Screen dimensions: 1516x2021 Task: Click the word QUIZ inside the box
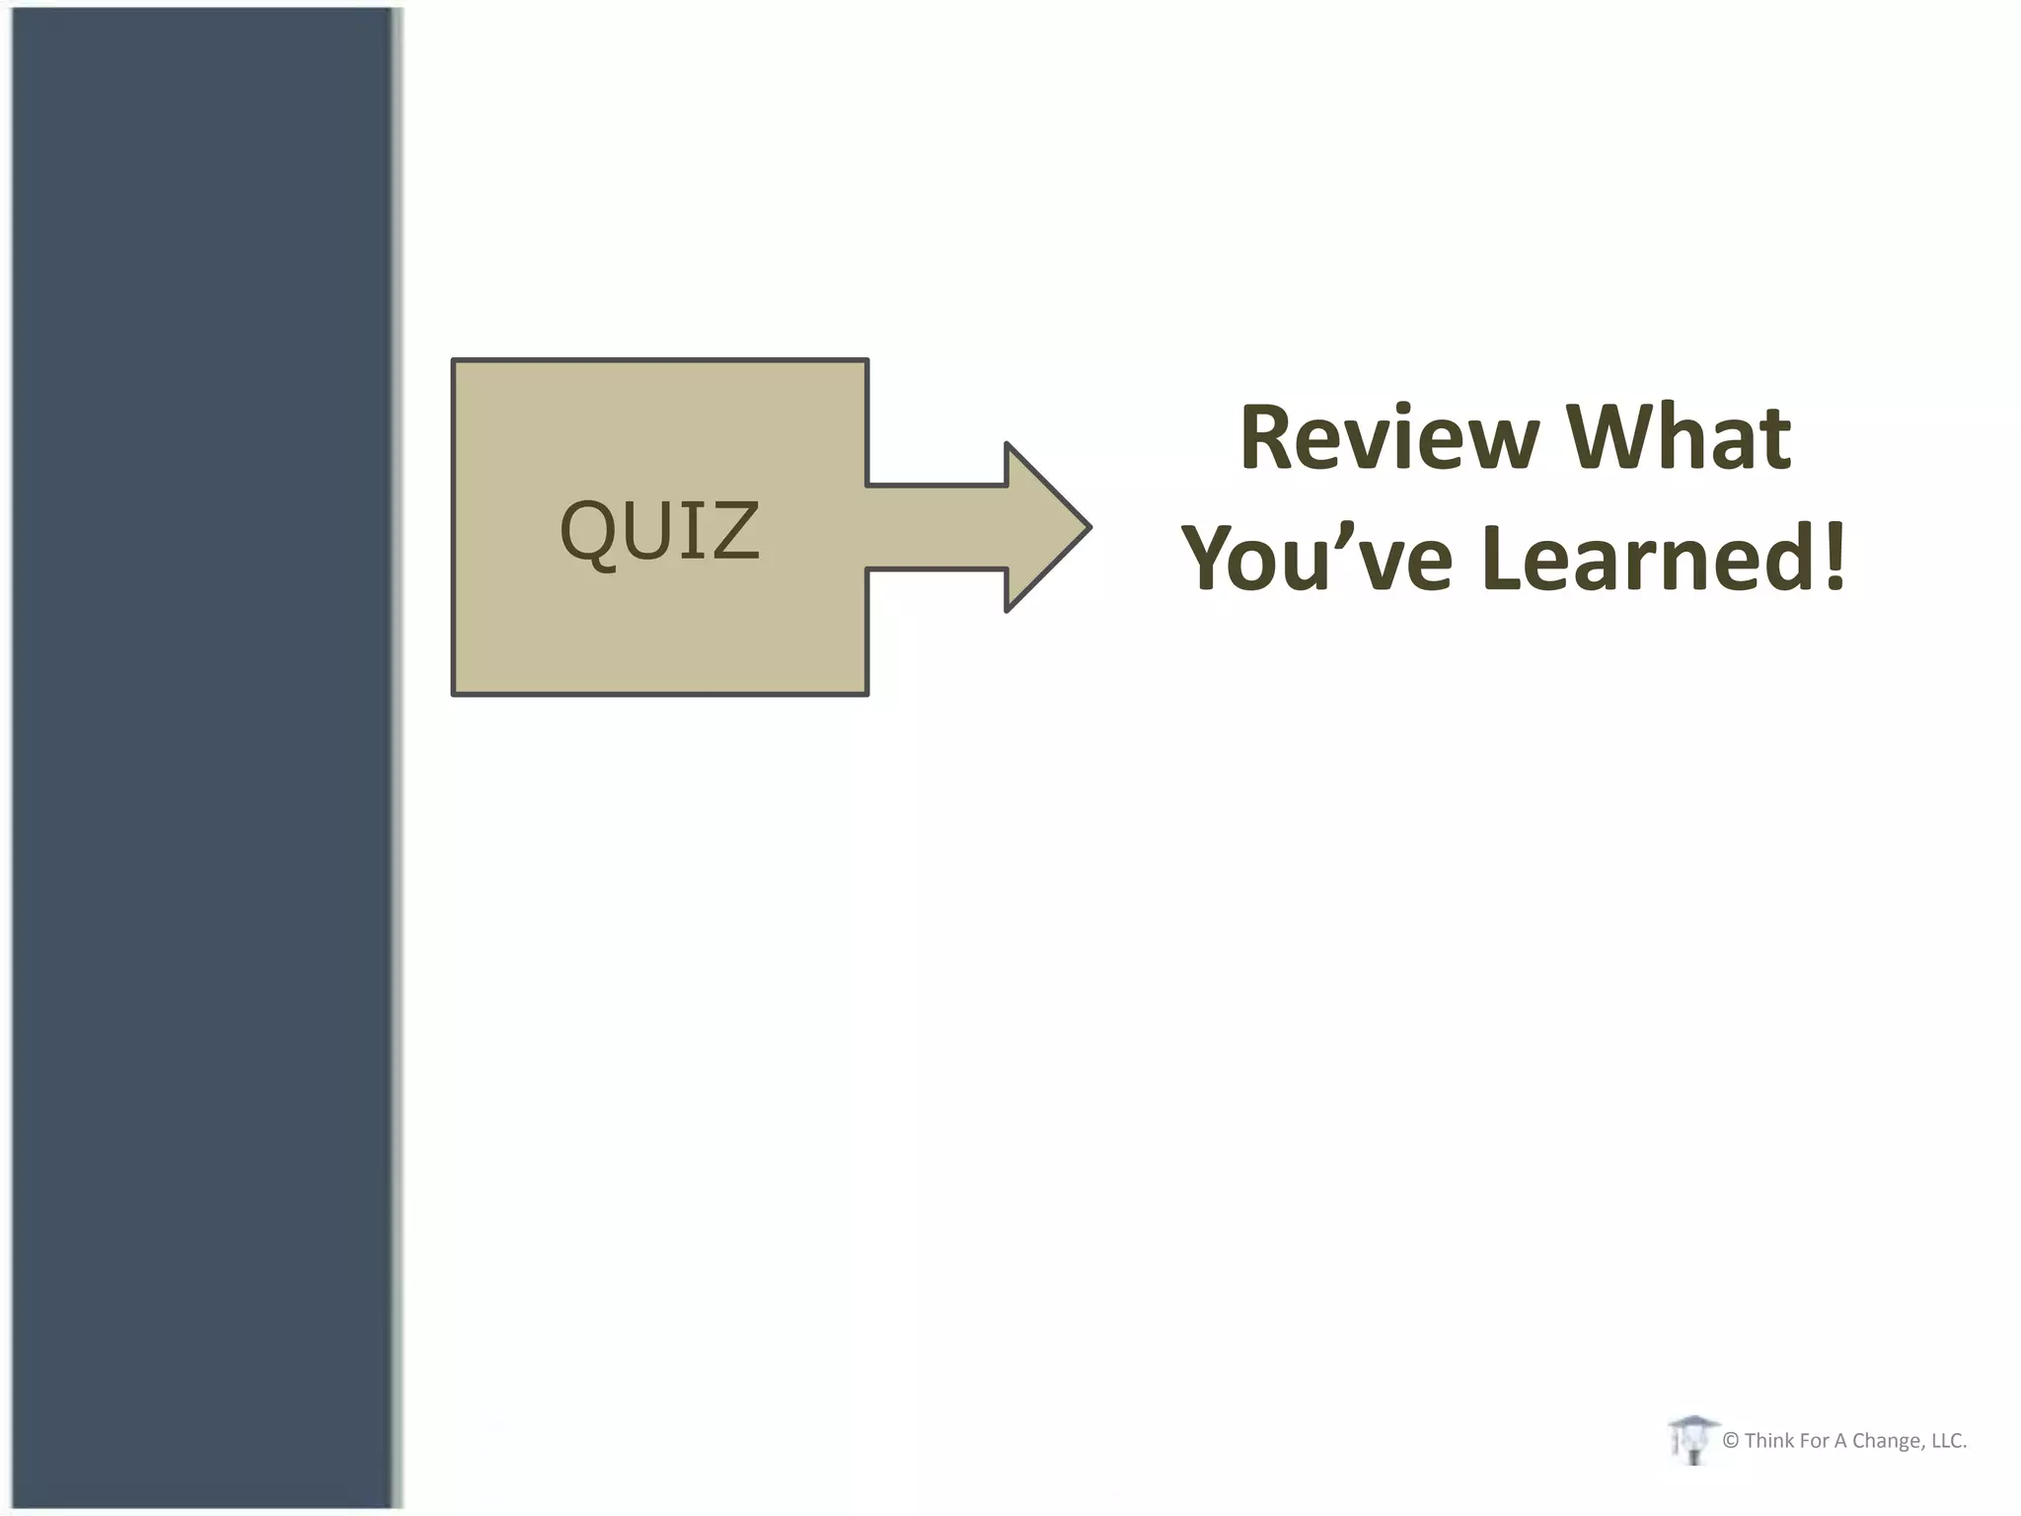tap(659, 530)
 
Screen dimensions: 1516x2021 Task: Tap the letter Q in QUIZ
tap(590, 532)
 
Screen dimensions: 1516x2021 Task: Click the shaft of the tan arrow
tap(937, 527)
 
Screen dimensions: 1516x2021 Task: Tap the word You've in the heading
tap(1317, 559)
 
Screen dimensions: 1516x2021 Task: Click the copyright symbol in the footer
tap(1730, 1441)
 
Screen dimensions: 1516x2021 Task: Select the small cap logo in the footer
tap(1692, 1439)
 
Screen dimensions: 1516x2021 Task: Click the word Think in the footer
tap(1769, 1441)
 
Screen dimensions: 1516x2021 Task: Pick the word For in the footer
tap(1812, 1441)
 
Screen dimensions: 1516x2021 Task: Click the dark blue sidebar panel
tap(202, 758)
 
